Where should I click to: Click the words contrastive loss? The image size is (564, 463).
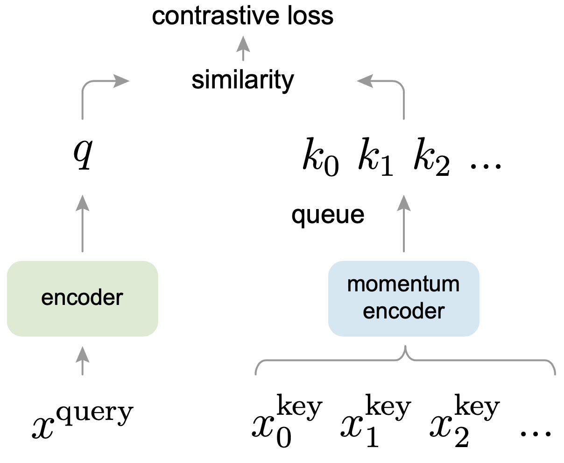tap(243, 17)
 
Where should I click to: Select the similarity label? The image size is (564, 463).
tap(243, 80)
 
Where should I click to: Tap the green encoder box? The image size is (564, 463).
tap(83, 298)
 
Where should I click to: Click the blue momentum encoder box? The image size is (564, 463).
tap(404, 298)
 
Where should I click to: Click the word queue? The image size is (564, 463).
tap(328, 215)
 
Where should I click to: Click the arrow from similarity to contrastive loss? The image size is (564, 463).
tap(243, 49)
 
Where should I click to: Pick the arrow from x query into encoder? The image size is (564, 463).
tap(83, 360)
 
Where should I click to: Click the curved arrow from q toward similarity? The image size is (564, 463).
tap(93, 87)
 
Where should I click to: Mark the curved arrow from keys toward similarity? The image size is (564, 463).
tap(392, 87)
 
